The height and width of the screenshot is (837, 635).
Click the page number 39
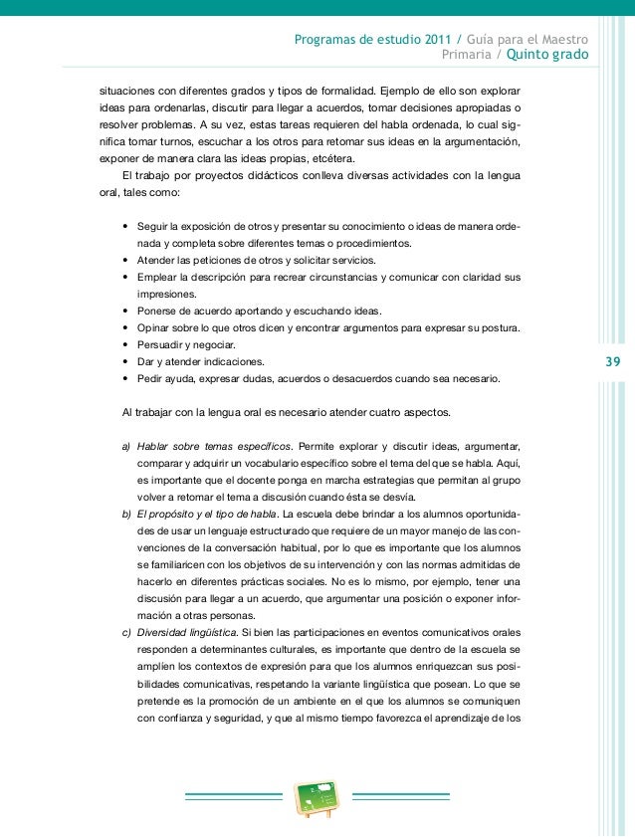(x=610, y=361)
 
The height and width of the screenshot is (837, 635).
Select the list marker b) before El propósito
(x=125, y=515)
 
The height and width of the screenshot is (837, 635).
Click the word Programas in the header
(x=330, y=41)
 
